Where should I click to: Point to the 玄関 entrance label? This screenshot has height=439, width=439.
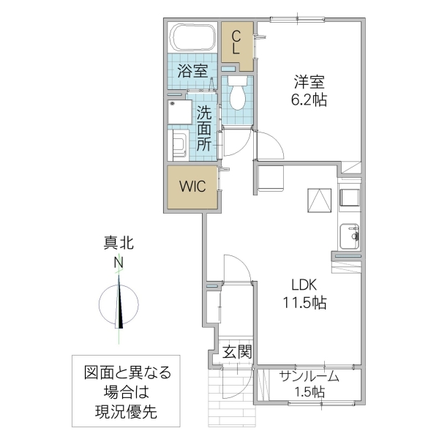236,351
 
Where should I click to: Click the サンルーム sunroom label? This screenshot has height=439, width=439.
309,376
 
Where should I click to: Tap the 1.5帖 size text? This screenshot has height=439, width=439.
309,392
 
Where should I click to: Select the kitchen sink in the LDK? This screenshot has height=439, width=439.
349,235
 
